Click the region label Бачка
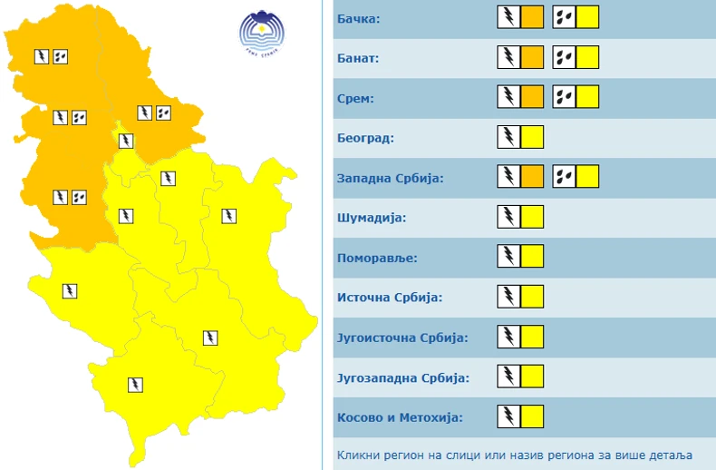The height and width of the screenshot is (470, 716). [x=359, y=19]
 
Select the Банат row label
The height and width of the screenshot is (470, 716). [x=358, y=59]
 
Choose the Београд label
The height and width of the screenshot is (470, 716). [x=365, y=139]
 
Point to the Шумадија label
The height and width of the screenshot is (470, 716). [x=372, y=219]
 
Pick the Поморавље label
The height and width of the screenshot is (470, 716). [x=377, y=259]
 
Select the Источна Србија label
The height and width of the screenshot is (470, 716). [x=388, y=298]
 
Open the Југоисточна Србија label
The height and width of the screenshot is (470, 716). [x=402, y=338]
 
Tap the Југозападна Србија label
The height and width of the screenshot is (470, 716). [x=402, y=377]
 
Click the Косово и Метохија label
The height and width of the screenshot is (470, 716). [x=400, y=417]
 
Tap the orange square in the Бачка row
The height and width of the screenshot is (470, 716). [x=533, y=17]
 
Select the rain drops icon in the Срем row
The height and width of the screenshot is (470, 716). [x=565, y=97]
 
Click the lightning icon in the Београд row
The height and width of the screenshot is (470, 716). [x=509, y=137]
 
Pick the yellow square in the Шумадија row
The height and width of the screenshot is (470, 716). [x=533, y=217]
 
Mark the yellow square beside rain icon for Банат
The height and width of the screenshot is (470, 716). [x=588, y=57]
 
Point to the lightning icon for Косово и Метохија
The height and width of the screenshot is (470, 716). [x=509, y=416]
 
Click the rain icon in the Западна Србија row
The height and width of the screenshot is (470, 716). [x=565, y=177]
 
